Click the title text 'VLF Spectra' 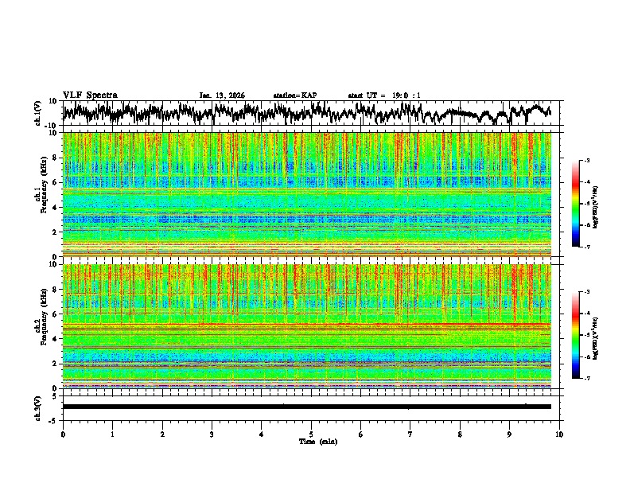pos(90,95)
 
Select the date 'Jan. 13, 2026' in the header pos(222,95)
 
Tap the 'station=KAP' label pos(295,95)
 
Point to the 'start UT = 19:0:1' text pos(384,95)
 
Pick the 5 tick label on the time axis pos(311,434)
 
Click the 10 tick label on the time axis pos(559,434)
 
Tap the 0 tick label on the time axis pos(63,434)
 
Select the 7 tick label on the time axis pos(410,434)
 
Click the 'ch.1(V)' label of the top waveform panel pos(38,113)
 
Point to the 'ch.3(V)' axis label pos(38,407)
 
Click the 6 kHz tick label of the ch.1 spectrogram pos(52,183)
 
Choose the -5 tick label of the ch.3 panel pos(52,419)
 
